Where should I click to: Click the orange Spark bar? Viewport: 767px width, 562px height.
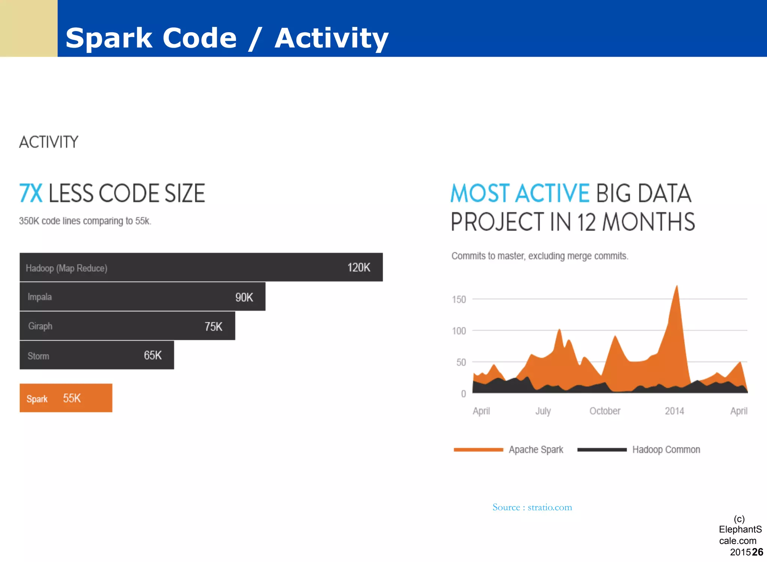pos(66,398)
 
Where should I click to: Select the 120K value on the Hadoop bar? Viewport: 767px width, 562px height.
pos(358,267)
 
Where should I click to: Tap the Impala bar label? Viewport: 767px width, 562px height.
pos(40,297)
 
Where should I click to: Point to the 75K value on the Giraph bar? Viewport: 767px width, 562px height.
pos(213,327)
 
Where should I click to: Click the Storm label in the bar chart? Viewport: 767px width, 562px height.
pos(38,356)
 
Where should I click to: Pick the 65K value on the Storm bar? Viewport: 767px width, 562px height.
pos(152,355)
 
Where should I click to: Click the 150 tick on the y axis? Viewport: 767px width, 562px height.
pos(459,300)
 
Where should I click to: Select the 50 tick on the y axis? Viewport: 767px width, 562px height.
pos(461,363)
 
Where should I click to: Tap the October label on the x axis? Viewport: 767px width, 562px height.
pos(604,411)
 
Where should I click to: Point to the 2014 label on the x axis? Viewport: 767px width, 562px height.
pos(674,411)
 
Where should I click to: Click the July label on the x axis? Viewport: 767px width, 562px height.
pos(543,411)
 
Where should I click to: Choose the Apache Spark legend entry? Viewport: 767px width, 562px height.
pos(536,450)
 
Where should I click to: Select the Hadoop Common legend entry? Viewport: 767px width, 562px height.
pos(666,450)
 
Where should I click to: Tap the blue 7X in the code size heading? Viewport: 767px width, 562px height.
pos(31,193)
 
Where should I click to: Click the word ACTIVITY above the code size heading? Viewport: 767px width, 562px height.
pos(49,142)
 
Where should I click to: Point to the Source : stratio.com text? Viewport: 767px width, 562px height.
pos(532,507)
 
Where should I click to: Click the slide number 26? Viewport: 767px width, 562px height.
pos(757,552)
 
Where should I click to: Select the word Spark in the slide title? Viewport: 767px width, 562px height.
pos(109,38)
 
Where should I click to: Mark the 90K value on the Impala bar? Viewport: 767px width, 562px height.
pos(244,297)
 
